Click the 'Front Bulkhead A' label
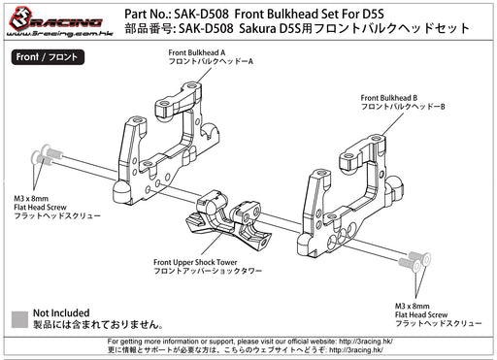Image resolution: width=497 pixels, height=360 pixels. click(197, 52)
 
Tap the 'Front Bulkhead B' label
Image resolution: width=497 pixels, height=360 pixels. click(389, 98)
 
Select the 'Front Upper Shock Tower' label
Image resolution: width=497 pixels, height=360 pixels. click(195, 262)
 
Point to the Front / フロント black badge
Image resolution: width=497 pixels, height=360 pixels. click(48, 57)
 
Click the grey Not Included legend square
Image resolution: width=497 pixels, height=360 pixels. click(19, 319)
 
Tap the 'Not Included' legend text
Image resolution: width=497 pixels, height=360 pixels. click(61, 313)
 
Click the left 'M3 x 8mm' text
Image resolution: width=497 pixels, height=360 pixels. click(31, 198)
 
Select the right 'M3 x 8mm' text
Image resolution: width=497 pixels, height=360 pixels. click(413, 306)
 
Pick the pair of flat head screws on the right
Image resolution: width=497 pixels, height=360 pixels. click(414, 261)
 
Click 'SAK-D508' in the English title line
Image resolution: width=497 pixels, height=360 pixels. click(201, 14)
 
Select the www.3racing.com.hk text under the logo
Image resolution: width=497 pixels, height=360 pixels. click(59, 33)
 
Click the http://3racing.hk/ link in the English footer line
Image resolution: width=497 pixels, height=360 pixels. click(366, 342)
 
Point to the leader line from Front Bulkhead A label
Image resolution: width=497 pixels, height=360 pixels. click(204, 73)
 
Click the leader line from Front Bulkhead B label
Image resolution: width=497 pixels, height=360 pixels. click(393, 124)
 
